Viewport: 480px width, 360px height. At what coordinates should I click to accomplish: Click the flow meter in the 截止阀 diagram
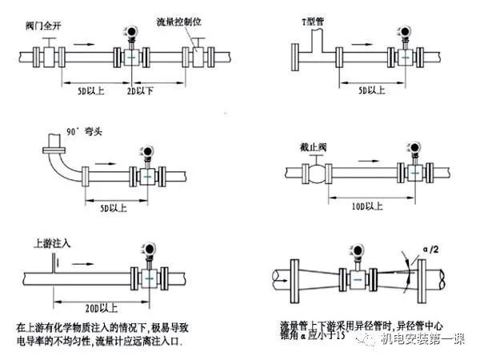click(415, 173)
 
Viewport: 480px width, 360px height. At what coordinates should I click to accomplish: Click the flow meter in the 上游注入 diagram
click(148, 274)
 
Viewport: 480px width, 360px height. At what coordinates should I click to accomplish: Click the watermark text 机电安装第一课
click(422, 340)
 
